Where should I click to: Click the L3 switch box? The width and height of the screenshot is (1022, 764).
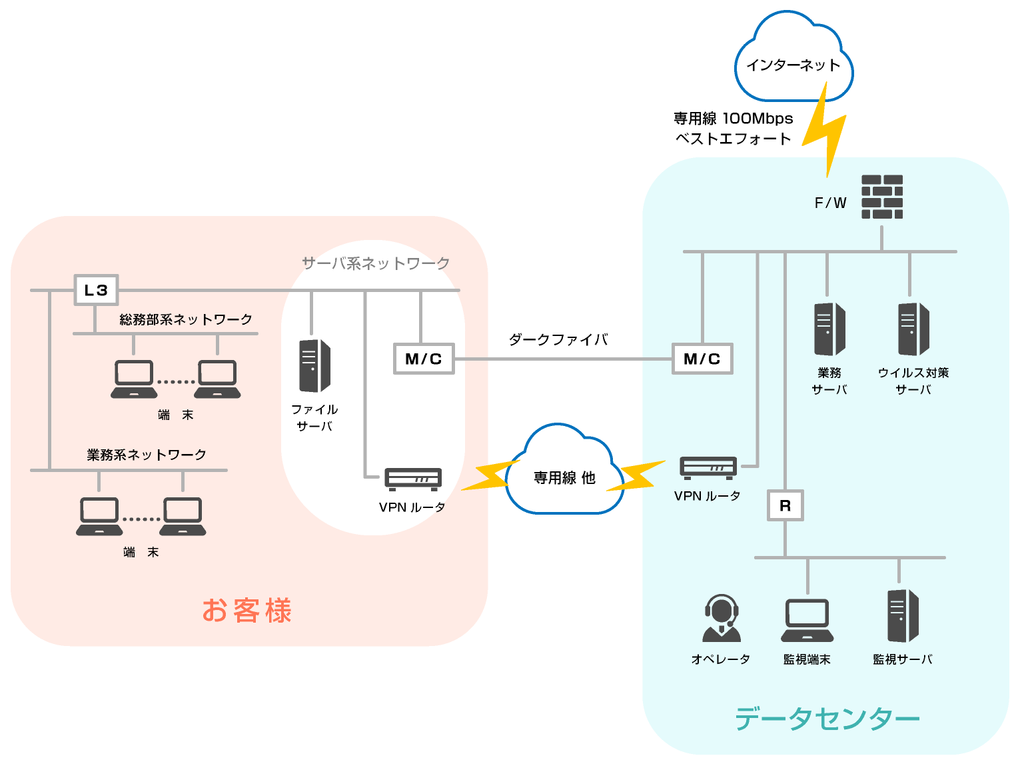click(96, 290)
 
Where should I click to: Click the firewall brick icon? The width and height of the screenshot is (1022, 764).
click(882, 197)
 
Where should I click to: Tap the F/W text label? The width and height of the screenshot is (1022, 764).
click(830, 203)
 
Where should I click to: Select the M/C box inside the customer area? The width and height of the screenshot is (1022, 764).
click(424, 359)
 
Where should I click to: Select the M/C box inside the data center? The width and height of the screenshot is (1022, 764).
click(702, 359)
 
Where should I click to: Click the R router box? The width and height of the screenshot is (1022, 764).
click(785, 505)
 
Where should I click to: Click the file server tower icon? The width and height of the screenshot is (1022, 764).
click(314, 365)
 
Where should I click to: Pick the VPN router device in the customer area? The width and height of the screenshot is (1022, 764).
click(413, 479)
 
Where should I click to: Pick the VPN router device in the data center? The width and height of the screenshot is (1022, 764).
click(708, 467)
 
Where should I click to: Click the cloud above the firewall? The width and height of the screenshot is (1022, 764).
click(793, 60)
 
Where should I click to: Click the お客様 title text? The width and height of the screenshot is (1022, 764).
click(247, 610)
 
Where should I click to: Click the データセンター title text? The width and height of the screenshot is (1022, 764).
click(827, 719)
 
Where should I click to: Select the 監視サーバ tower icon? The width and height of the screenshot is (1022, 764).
click(903, 615)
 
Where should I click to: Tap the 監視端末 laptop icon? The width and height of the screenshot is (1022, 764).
click(807, 620)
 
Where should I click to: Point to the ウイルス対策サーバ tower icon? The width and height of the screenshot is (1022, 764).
click(913, 329)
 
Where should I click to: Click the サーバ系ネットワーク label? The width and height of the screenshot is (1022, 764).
click(376, 263)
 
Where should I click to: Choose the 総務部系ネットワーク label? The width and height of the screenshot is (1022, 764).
click(186, 319)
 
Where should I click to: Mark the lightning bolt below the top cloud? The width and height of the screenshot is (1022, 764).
click(825, 130)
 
